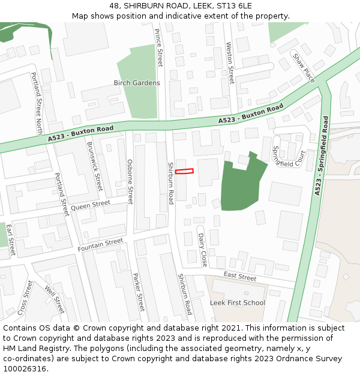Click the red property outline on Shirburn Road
[184, 172]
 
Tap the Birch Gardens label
[137, 83]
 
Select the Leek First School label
[238, 302]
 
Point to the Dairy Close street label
[202, 250]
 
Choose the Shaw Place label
[303, 67]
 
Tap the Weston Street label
[230, 62]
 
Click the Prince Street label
[159, 47]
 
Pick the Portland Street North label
[37, 103]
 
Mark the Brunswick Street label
[95, 166]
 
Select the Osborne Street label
[130, 181]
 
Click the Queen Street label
[90, 206]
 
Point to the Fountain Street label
[100, 244]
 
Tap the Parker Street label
[139, 292]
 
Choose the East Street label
[240, 277]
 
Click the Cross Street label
[25, 297]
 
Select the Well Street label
[55, 299]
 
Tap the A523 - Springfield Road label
[322, 155]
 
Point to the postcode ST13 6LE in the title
[230, 5]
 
